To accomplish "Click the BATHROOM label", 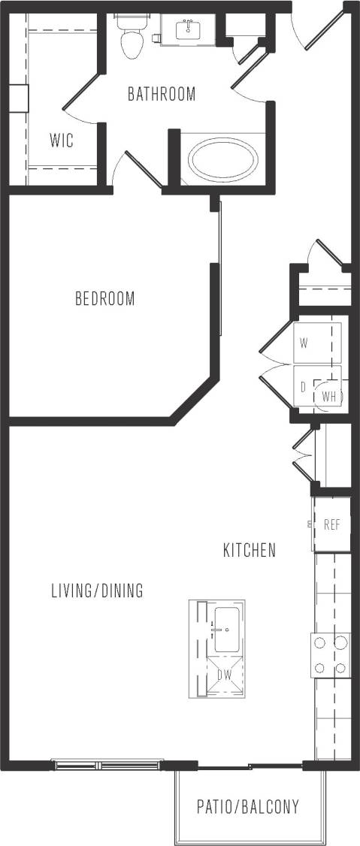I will click(x=161, y=95).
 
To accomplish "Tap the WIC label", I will click(x=62, y=140).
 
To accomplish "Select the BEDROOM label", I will click(x=105, y=298).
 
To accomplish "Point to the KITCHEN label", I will click(x=250, y=550).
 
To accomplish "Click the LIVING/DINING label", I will click(x=97, y=591).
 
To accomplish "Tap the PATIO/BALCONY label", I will click(x=248, y=808).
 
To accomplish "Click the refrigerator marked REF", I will click(x=332, y=524).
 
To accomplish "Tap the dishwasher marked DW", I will click(x=224, y=675).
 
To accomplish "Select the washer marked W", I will click(x=304, y=343).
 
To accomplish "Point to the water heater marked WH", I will click(x=329, y=395).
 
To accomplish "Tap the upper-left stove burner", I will click(x=319, y=642).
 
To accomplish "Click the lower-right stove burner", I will click(x=340, y=667).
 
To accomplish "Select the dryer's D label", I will click(x=303, y=388).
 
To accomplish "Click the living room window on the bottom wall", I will click(x=106, y=765).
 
